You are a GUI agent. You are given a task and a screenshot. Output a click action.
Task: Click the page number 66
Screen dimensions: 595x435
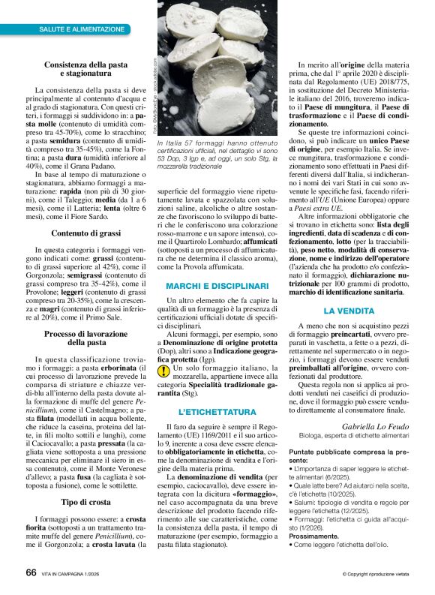click(x=31, y=572)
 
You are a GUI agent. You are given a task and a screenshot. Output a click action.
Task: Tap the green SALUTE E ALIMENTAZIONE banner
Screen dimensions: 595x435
click(x=82, y=29)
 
